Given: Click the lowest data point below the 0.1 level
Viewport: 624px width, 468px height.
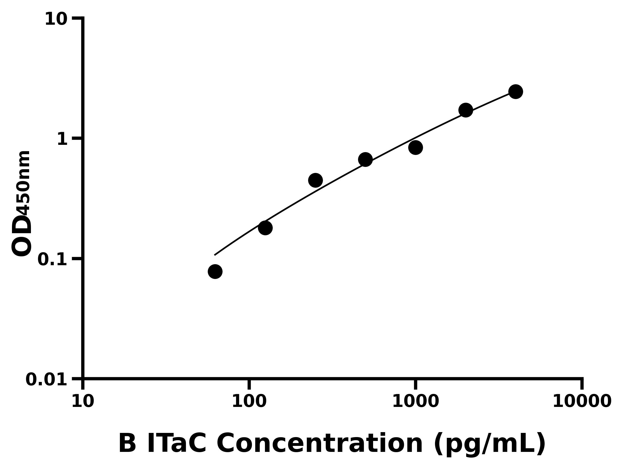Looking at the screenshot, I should coord(215,272).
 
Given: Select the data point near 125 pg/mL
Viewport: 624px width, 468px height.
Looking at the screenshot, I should coord(265,228).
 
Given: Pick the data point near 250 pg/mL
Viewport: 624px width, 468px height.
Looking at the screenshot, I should coord(315,180).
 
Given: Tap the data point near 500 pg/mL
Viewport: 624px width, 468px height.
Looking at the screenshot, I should coord(365,160).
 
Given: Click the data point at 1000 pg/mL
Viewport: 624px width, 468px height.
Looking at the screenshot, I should coord(415,147).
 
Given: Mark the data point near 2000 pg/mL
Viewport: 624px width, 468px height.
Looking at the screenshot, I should coord(466,110).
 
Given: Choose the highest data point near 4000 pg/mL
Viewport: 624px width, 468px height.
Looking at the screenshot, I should coord(516,92).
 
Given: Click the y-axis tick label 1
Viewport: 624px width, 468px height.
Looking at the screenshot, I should coord(62,140).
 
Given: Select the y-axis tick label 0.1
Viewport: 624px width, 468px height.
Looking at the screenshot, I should coord(53,259).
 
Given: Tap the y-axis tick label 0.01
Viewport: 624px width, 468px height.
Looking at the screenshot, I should coord(47,380).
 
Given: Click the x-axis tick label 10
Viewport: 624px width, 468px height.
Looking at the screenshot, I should coord(83,401).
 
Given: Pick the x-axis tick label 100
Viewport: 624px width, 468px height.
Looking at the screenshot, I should coord(249,401).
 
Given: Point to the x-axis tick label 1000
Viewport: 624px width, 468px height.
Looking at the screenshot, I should coord(415,401).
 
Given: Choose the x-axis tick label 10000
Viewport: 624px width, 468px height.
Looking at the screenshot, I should coord(582,401).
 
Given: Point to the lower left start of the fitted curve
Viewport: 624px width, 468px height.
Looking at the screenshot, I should coord(215,255).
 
